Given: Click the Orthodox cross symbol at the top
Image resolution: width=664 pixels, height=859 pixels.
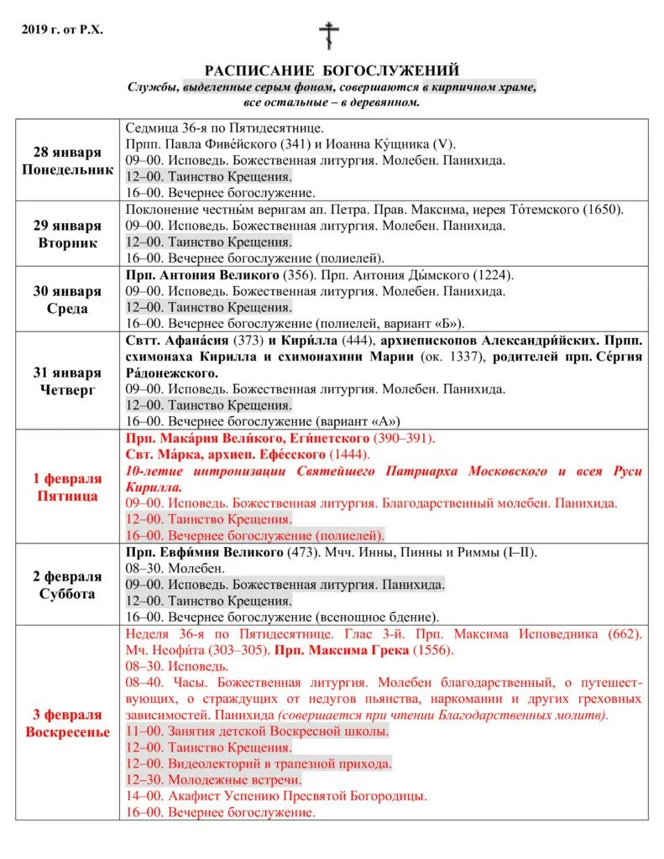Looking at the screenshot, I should (x=329, y=36).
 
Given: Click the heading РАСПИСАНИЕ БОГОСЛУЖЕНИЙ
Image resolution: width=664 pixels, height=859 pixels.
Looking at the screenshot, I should (x=332, y=70).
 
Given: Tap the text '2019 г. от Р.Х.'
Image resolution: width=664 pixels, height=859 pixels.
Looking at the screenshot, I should (x=62, y=30).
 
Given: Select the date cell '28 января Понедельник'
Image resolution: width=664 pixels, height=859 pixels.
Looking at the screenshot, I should (x=66, y=160).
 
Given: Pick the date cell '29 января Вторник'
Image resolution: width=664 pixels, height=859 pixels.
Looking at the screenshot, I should (x=66, y=234).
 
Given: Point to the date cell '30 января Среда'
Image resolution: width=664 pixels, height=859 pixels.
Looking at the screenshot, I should (x=66, y=299).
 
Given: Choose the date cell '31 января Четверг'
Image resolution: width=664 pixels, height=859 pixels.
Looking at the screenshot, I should (x=66, y=381).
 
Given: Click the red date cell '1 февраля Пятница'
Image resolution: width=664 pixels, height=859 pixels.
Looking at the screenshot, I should (x=66, y=487).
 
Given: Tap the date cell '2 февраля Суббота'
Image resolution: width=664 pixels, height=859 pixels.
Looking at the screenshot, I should (x=66, y=585).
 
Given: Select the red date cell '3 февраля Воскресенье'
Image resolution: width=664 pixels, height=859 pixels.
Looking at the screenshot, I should (x=66, y=723).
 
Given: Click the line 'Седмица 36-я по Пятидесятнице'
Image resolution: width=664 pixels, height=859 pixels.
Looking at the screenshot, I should (x=224, y=128).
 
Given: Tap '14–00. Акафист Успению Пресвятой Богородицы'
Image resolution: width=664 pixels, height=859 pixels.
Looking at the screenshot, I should (x=276, y=796).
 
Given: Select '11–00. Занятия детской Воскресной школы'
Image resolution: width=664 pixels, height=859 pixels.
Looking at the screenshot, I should (x=257, y=731).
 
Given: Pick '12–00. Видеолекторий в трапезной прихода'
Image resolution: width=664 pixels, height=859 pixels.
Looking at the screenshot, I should (x=259, y=763).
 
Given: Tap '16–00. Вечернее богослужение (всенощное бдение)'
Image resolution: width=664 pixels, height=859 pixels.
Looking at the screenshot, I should (x=283, y=617).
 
